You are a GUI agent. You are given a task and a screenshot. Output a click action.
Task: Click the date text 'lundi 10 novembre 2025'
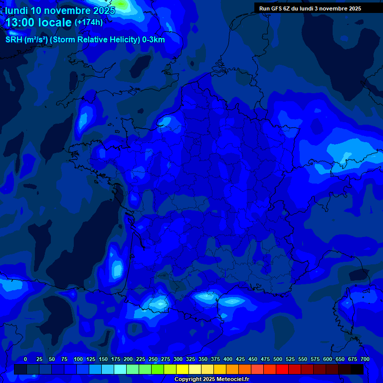[x=60, y=10]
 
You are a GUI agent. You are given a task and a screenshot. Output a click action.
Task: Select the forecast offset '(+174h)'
[x=89, y=22]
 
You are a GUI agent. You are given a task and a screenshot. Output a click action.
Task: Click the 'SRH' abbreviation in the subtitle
[x=14, y=40]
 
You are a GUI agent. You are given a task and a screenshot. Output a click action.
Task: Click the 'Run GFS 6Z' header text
[x=275, y=8]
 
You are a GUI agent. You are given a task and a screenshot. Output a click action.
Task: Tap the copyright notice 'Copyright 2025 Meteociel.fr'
[x=211, y=380]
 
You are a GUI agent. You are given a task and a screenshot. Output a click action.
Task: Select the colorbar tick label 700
[x=365, y=359]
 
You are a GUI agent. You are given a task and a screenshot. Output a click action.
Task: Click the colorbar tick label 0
[x=25, y=359]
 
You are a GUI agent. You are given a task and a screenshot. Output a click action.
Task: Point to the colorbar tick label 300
[x=178, y=359]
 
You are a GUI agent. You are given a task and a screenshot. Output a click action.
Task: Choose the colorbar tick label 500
[x=278, y=359]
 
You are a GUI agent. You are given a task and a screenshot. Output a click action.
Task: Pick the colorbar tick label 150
[x=103, y=359]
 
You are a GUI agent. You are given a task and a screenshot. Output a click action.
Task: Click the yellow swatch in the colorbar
[x=183, y=369]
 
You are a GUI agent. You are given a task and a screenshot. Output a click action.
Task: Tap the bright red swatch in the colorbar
[x=282, y=369]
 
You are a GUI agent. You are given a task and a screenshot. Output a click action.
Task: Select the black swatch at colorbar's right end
[x=357, y=369]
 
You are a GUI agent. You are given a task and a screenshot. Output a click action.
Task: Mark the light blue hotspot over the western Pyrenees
[x=159, y=303]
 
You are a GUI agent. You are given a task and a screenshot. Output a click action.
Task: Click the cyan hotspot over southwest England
[x=84, y=119]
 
